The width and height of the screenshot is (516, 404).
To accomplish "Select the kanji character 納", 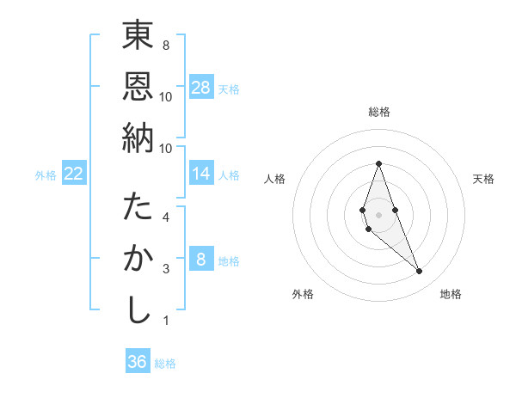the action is pyautogui.click(x=138, y=137).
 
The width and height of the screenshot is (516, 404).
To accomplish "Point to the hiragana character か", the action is pyautogui.click(x=138, y=259).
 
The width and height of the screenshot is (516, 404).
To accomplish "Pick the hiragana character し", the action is pyautogui.click(x=138, y=310).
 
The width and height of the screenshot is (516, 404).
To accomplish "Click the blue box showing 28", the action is pyautogui.click(x=201, y=88).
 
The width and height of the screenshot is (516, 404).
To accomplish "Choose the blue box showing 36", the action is pyautogui.click(x=137, y=362).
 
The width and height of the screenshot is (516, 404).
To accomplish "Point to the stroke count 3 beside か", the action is pyautogui.click(x=166, y=268).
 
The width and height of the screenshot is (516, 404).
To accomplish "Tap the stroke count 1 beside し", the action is pyautogui.click(x=166, y=321).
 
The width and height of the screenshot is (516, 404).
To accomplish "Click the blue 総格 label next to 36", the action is pyautogui.click(x=165, y=364).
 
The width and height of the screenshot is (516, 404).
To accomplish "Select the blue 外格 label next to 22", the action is pyautogui.click(x=46, y=175).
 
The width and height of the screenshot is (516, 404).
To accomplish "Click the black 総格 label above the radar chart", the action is pyautogui.click(x=378, y=112).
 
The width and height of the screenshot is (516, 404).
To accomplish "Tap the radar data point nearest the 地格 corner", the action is pyautogui.click(x=420, y=272).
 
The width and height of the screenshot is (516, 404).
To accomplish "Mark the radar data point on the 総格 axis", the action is pyautogui.click(x=378, y=163).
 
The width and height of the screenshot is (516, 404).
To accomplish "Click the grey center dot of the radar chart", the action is pyautogui.click(x=378, y=214).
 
